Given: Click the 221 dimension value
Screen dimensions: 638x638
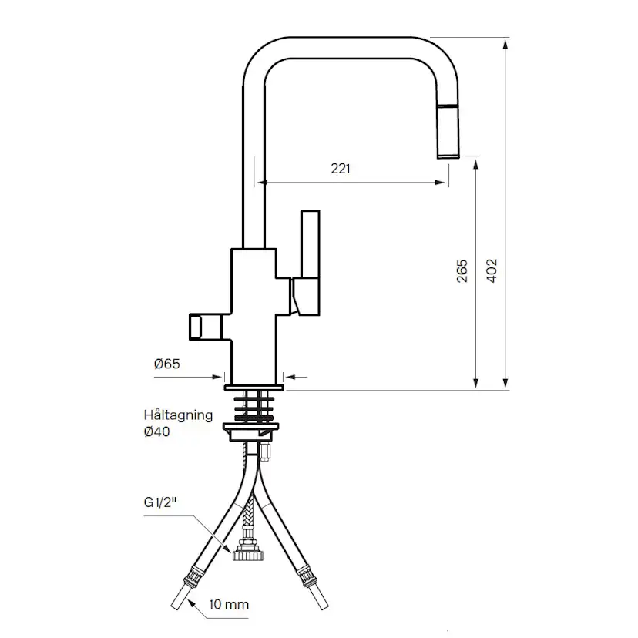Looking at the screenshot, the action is point(340,169).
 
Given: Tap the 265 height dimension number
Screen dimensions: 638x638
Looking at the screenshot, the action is point(462,271).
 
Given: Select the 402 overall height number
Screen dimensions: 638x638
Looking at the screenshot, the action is point(492,271).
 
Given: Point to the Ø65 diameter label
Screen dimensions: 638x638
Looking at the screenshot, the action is point(167,364).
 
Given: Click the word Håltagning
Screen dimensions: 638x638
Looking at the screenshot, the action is point(178,415).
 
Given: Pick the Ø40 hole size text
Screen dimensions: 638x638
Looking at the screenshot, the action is point(156,431).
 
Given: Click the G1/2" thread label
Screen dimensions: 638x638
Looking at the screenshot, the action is point(160,502).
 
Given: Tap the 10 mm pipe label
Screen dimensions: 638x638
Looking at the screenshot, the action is point(229,605).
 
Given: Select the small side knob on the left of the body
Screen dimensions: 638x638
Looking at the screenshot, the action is point(196,327).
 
